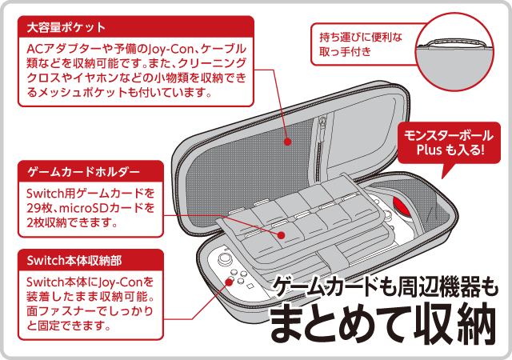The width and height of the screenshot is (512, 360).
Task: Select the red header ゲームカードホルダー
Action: coord(84,171)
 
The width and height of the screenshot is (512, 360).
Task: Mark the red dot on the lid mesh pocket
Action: coord(287,142)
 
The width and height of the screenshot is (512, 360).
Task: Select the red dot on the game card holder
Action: coord(283,234)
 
